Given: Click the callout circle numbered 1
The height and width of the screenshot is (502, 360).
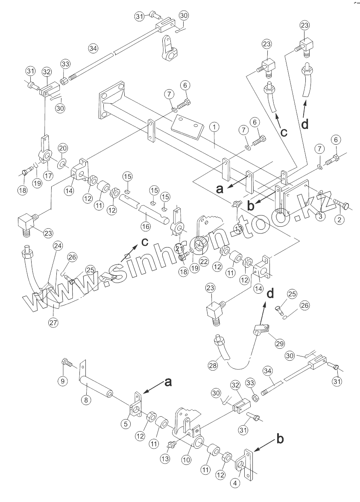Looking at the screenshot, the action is (214, 127).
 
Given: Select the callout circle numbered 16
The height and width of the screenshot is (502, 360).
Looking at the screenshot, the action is (146, 226).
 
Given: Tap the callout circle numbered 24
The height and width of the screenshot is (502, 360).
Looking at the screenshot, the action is (58, 245).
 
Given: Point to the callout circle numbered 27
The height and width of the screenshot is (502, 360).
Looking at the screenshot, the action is (53, 322).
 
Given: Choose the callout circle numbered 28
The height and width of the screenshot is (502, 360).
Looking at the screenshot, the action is (213, 365).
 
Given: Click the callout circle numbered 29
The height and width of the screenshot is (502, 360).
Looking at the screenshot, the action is (280, 344).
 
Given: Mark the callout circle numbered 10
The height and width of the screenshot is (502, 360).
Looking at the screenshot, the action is (186, 460).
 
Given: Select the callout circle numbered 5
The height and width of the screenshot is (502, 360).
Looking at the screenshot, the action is (126, 424).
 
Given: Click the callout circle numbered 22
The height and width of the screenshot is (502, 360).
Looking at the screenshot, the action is (204, 261).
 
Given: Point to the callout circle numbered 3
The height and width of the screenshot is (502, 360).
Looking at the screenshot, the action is (320, 216).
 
